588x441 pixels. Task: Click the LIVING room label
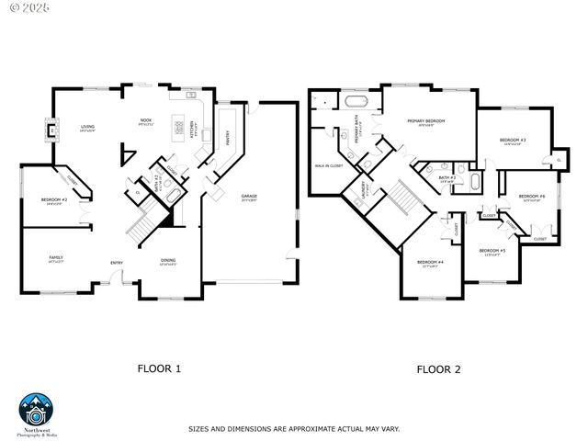pos(87,128)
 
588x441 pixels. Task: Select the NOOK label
pos(145,120)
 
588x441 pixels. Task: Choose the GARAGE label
pos(249,197)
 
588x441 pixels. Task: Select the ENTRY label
pos(117,263)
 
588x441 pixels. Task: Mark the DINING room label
pos(168,260)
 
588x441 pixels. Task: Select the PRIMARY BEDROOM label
pos(426,121)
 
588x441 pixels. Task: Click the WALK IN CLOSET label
pos(329,165)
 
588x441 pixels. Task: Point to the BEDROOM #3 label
pos(512,140)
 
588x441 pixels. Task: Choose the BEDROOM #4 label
pos(430,262)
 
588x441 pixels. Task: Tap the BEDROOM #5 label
pos(492,251)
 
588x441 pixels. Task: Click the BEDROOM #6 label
pos(531,196)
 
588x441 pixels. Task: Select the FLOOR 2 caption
pos(438,369)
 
